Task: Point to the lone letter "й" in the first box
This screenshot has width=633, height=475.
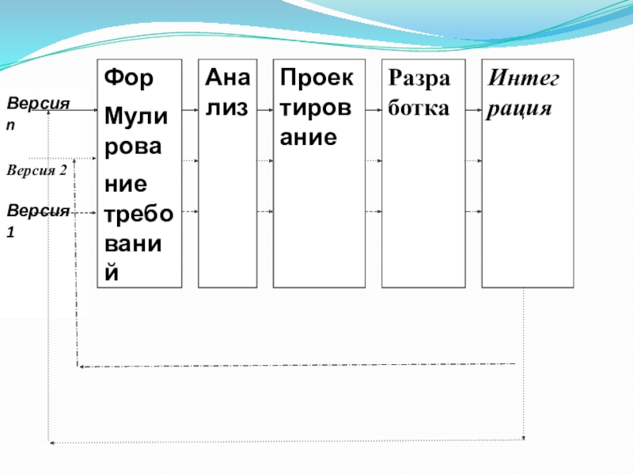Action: [x=112, y=272]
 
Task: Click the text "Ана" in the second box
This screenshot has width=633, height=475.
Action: [x=226, y=79]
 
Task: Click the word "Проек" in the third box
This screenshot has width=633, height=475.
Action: [x=318, y=79]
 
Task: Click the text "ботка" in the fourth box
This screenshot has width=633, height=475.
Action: [x=419, y=108]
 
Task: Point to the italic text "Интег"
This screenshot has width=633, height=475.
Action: [x=524, y=79]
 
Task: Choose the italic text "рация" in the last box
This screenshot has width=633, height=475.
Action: [x=519, y=108]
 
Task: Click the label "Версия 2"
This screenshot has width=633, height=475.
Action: [x=36, y=169]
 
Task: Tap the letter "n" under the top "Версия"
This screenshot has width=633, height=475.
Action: [x=10, y=125]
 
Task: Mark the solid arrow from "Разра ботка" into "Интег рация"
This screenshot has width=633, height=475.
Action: [x=472, y=108]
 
